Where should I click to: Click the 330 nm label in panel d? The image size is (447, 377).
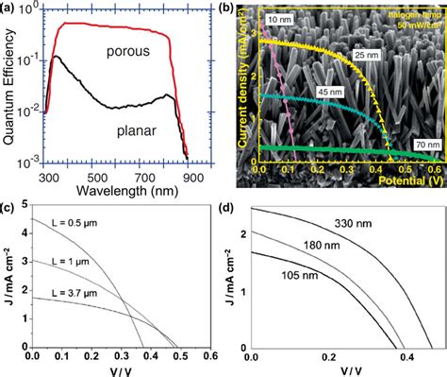pyautogui.click(x=355, y=224)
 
